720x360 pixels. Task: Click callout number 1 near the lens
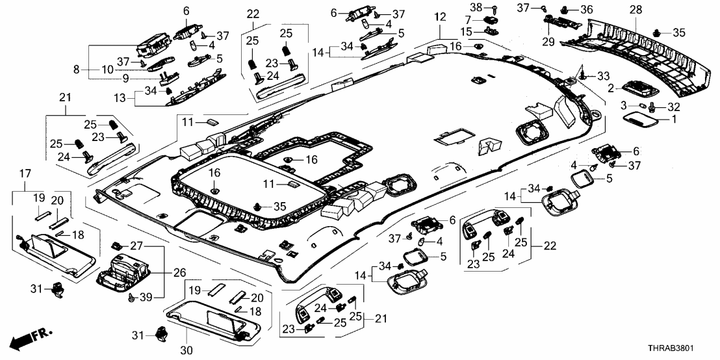coord(673,120)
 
